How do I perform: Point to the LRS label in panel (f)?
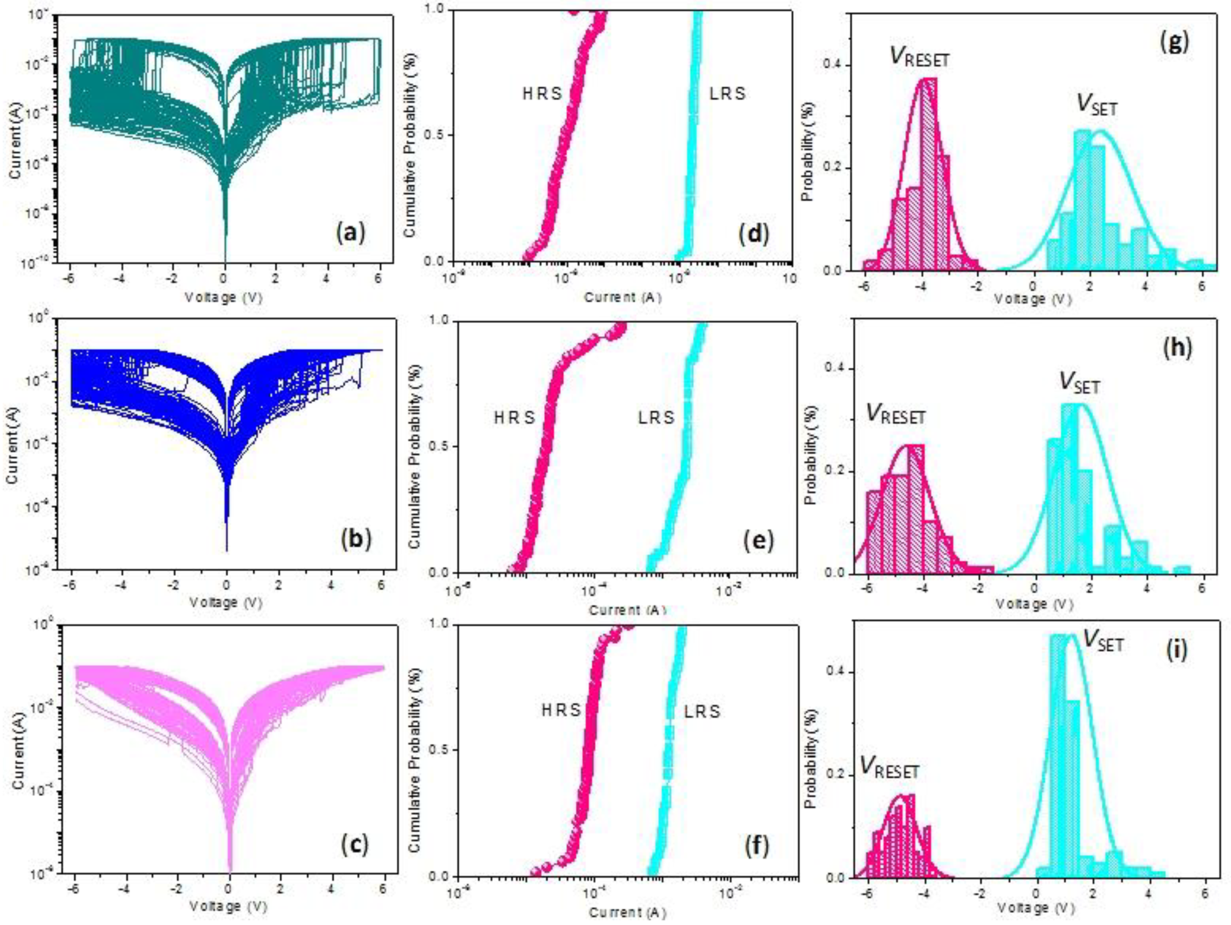tap(702, 712)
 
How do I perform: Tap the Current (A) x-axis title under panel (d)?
tap(623, 297)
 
